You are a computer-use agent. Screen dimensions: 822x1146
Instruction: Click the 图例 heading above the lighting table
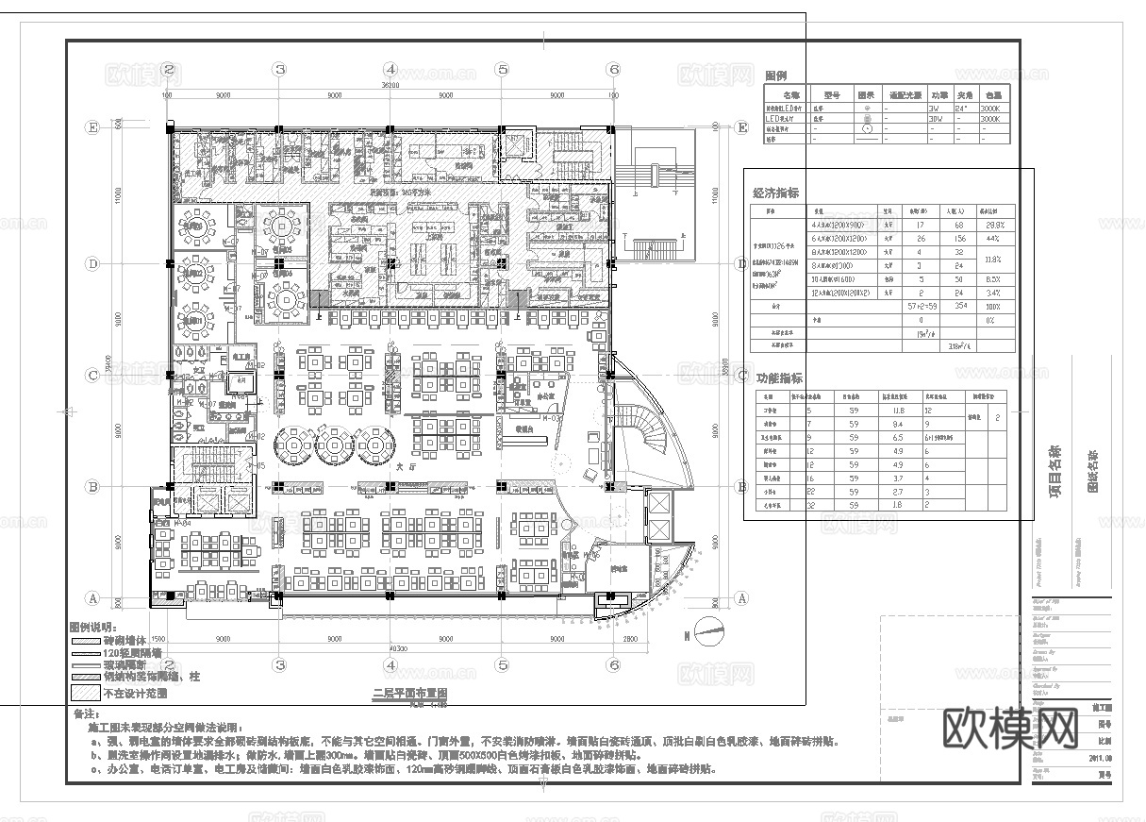click(775, 75)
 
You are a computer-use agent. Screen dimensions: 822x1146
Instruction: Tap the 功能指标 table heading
click(777, 377)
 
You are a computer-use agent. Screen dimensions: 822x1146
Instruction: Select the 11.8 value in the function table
click(899, 411)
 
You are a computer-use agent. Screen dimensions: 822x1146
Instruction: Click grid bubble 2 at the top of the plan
click(168, 69)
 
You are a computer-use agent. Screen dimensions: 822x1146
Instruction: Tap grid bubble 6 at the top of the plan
click(614, 69)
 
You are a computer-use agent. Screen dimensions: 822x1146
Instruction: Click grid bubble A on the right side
click(741, 598)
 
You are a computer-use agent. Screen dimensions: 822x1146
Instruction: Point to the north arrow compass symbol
click(709, 627)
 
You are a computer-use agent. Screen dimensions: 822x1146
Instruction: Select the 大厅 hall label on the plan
click(407, 465)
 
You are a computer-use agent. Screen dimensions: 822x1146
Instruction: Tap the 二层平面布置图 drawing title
click(409, 692)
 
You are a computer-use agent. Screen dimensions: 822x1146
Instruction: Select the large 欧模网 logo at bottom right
click(1010, 727)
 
